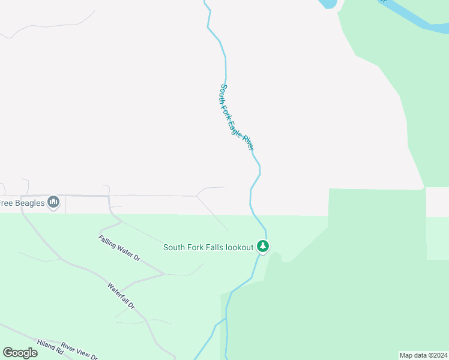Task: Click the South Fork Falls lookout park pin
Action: pyautogui.click(x=262, y=246)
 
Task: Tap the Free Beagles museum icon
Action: pyautogui.click(x=54, y=202)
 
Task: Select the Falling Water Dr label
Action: pyautogui.click(x=119, y=248)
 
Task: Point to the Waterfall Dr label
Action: pyautogui.click(x=121, y=296)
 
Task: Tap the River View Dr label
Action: pyautogui.click(x=79, y=351)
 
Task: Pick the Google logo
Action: pyautogui.click(x=20, y=352)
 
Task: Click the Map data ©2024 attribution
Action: pyautogui.click(x=424, y=355)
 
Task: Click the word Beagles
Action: pyautogui.click(x=29, y=203)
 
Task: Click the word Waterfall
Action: pyautogui.click(x=118, y=293)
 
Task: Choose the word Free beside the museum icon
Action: pyautogui.click(x=5, y=203)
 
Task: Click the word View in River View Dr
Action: pyautogui.click(x=83, y=353)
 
